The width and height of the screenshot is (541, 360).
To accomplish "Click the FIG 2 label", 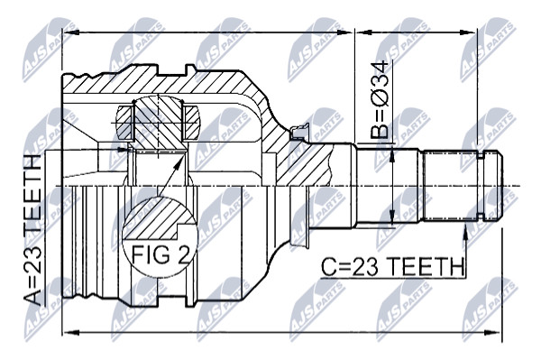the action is [x=160, y=255].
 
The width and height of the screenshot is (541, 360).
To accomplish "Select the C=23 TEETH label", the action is [x=392, y=266].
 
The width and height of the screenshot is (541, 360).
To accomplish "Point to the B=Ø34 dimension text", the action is [x=380, y=100].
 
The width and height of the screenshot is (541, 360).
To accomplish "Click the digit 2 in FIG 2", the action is [x=183, y=255].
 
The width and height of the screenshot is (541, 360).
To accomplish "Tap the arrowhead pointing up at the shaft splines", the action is [x=465, y=231].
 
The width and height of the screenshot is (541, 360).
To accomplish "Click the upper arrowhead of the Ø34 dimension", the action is [x=392, y=154].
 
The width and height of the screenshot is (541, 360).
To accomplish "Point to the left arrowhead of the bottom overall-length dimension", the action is [x=72, y=333].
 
